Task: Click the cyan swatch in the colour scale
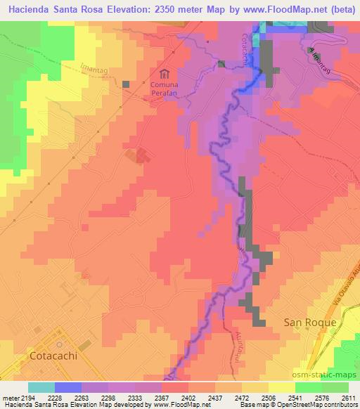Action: coord(41,387)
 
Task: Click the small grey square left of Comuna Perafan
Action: coord(127,84)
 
